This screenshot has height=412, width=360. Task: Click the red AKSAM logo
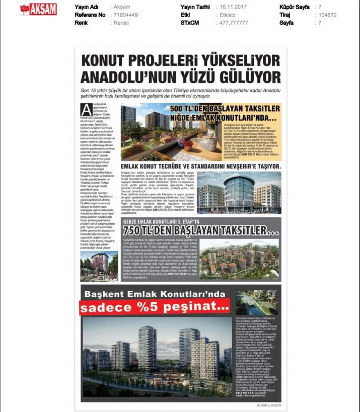tap(38, 9)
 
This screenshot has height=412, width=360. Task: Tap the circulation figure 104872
tap(329, 15)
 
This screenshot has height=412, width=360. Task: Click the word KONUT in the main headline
tap(109, 61)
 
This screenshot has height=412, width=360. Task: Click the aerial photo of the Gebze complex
tap(240, 259)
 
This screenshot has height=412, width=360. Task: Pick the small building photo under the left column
tap(99, 266)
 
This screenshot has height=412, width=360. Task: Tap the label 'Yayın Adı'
tap(86, 8)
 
